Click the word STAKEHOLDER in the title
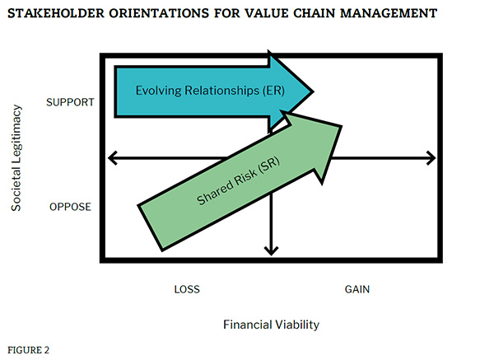[x=56, y=13]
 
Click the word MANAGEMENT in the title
[x=389, y=13]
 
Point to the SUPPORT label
[x=70, y=102]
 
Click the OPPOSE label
[x=70, y=207]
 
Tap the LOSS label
[x=187, y=289]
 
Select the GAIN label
[x=357, y=289]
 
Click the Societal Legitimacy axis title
[x=16, y=157]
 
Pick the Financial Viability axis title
[x=271, y=325]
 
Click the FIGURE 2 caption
[x=28, y=350]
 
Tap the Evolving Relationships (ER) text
[x=210, y=91]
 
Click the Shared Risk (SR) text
[x=238, y=181]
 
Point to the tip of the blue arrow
[x=313, y=91]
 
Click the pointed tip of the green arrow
[x=341, y=126]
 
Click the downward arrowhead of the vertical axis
[x=271, y=253]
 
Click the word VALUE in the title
[x=266, y=13]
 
